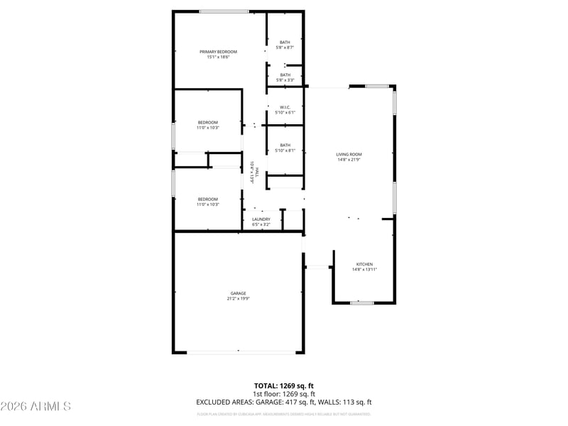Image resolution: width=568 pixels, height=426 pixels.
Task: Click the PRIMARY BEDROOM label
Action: [218, 52]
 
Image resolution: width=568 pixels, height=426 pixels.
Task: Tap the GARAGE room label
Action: [238, 293]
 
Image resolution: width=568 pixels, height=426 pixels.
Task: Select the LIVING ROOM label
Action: [349, 154]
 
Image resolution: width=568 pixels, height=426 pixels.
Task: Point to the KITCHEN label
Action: [364, 264]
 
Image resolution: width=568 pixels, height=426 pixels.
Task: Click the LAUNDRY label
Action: [261, 219]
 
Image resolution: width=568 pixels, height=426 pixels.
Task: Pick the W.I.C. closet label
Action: [285, 107]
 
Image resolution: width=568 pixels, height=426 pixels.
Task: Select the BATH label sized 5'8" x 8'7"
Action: [285, 42]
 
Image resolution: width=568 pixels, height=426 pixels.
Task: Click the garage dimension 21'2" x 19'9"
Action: [238, 299]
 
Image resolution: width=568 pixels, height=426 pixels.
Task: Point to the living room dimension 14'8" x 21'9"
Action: [349, 160]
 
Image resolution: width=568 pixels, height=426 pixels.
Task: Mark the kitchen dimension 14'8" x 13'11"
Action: [364, 270]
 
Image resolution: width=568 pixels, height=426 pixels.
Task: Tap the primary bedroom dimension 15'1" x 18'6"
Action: [218, 58]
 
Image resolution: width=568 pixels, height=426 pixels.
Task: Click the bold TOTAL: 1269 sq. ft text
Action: [284, 386]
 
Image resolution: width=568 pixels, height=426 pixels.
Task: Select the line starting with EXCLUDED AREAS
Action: [284, 402]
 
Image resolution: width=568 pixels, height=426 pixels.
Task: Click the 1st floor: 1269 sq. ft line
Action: [284, 394]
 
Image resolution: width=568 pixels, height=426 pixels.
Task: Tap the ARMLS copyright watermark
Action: [35, 406]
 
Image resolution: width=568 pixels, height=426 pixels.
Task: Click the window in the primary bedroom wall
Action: [224, 11]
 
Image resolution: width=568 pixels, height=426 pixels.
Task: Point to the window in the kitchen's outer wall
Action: [362, 303]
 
